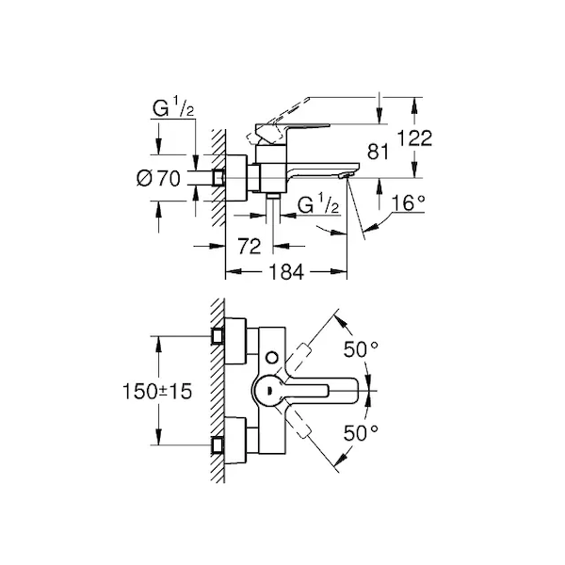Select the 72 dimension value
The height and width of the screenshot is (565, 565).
click(x=250, y=246)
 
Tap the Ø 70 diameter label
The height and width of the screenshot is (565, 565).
click(x=159, y=178)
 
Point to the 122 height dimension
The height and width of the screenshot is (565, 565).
click(x=413, y=138)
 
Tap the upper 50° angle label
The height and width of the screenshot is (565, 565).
click(x=359, y=349)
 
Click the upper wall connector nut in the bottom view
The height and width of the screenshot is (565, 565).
click(x=218, y=333)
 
